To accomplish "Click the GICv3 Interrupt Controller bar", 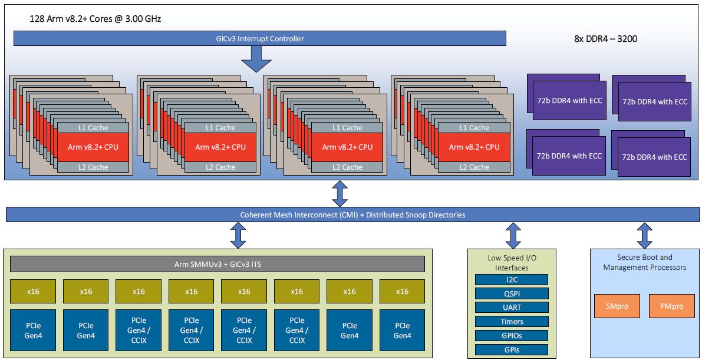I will [x=259, y=39].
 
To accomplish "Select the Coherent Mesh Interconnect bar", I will [x=352, y=215].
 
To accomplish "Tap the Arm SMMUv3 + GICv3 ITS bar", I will [x=217, y=265].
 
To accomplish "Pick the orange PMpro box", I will [x=671, y=306].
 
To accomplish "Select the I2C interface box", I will [x=512, y=279].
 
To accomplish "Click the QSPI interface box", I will [x=512, y=293].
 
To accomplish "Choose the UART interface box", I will [x=512, y=308].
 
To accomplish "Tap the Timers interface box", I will [x=512, y=322].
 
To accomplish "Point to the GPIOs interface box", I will [x=512, y=336].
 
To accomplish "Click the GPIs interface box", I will [x=512, y=350].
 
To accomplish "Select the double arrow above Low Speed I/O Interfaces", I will [x=513, y=236].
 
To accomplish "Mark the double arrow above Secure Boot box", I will [x=645, y=236].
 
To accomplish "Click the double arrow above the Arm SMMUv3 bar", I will [x=238, y=236].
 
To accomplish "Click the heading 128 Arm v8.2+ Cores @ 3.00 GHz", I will [x=95, y=19].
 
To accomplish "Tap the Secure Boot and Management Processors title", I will [x=644, y=262].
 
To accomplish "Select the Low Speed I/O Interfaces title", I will [x=511, y=263].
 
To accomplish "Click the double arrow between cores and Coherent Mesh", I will [x=340, y=193].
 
